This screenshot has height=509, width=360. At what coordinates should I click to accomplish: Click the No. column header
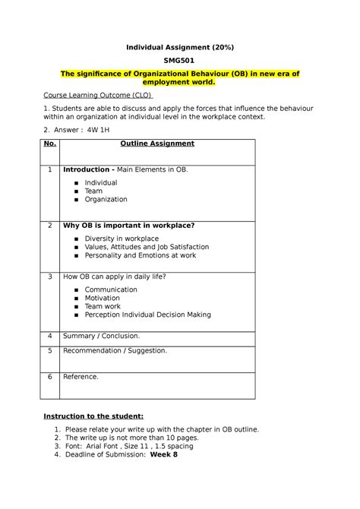(50, 143)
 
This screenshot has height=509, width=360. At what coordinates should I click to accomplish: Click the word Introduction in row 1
(87, 169)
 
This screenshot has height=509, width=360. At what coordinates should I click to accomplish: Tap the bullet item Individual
(100, 183)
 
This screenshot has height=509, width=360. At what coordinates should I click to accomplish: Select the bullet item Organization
(106, 200)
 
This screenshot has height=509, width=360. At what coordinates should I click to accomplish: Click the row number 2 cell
(50, 226)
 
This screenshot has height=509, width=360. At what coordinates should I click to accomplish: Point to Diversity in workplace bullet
(122, 239)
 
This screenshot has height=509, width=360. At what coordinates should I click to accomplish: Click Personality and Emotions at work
(140, 256)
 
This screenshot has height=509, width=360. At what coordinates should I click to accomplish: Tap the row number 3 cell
(50, 277)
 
